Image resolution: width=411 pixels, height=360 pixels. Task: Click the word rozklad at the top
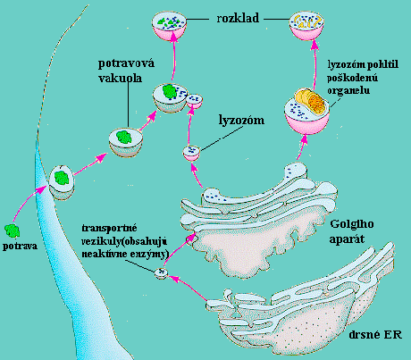coord(238,18)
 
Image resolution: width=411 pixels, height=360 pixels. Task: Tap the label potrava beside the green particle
coord(20,247)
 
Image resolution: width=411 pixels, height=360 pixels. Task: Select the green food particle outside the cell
coord(13,230)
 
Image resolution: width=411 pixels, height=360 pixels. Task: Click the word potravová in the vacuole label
coord(126,63)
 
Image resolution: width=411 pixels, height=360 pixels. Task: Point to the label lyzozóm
coord(241,121)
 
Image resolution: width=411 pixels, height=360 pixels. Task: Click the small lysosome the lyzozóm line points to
coord(191,153)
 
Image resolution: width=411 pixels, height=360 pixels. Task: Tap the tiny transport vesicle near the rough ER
coord(162,272)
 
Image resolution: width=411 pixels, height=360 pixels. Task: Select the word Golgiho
coord(352,224)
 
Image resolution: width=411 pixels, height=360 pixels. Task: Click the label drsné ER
coord(375,335)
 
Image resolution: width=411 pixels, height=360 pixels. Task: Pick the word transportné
coord(109,229)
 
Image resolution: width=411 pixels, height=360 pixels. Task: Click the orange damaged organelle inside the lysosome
coord(311,102)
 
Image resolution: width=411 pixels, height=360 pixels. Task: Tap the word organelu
coord(348,90)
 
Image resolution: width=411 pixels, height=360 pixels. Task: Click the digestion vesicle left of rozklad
coord(169,26)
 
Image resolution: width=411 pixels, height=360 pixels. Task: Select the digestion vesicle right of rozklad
coord(306,26)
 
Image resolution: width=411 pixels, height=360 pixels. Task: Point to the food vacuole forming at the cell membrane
coord(62,182)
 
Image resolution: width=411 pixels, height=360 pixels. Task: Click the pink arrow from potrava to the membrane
coord(29,204)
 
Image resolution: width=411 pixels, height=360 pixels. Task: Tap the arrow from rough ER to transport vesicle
coord(189,288)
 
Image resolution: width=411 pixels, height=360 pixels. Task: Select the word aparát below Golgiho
coord(347,239)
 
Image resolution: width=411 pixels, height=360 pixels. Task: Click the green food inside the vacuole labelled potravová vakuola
coord(124,137)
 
